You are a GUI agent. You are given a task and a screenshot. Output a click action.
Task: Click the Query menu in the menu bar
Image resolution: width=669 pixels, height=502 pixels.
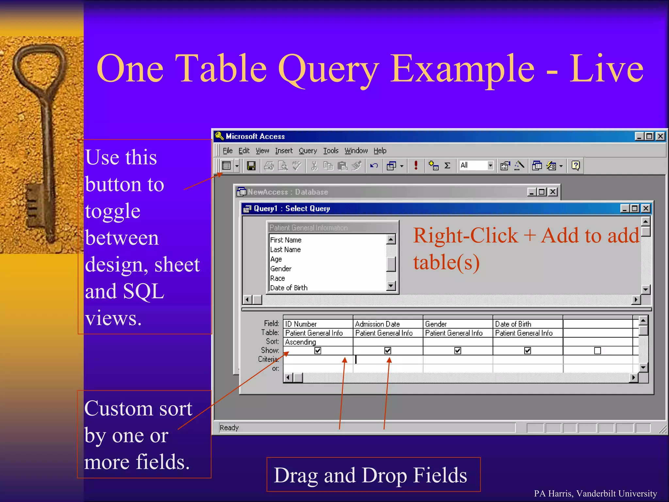(308, 151)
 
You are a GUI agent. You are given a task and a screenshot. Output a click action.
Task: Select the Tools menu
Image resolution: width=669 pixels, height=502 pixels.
(331, 151)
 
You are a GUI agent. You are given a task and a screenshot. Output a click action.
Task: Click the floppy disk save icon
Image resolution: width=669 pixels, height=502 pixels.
(251, 166)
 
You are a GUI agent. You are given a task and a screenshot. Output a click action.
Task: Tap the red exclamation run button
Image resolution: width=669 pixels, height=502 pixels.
(416, 165)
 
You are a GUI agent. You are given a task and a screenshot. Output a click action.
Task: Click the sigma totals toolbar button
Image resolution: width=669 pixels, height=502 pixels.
(448, 166)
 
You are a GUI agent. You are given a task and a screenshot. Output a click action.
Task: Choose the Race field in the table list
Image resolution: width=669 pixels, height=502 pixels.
(278, 278)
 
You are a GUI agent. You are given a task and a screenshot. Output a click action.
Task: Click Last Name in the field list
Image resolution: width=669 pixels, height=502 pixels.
(286, 250)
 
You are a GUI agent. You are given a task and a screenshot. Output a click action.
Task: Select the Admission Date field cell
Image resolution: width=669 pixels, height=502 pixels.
(378, 324)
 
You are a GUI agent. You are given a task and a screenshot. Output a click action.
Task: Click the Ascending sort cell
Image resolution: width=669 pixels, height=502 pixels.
(301, 342)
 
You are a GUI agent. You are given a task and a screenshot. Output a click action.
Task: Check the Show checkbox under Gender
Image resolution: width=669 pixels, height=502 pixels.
(458, 351)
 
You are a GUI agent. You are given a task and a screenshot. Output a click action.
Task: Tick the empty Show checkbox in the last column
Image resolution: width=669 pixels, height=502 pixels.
(597, 351)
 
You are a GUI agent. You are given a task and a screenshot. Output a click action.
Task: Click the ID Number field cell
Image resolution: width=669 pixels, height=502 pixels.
(301, 324)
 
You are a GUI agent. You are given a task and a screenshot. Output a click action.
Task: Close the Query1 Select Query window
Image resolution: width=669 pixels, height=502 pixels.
(646, 209)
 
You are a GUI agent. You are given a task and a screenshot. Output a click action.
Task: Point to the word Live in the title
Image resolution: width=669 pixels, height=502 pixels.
(606, 69)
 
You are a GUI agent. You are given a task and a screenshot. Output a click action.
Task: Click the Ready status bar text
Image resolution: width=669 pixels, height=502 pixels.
(229, 427)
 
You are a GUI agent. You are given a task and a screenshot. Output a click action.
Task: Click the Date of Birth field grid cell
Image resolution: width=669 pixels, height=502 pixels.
(513, 324)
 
